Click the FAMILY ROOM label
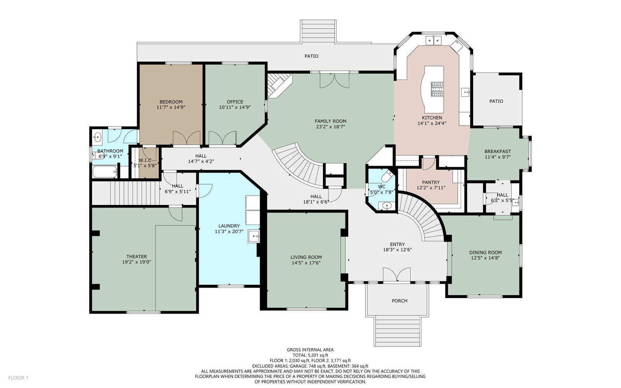point(330,121)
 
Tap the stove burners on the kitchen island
point(437,89)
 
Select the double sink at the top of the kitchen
point(433,40)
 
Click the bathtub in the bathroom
point(105,172)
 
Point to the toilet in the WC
point(388,175)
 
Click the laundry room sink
point(254,236)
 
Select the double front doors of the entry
point(397,274)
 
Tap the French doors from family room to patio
point(334,80)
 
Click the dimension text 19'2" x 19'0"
point(136,262)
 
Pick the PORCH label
point(399,301)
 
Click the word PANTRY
point(431,182)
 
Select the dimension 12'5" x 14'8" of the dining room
point(486,258)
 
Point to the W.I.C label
point(145,160)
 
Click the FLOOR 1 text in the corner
point(18,378)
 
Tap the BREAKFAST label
point(498,151)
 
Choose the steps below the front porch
point(397,331)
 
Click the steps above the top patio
point(318,31)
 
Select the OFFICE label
point(235,102)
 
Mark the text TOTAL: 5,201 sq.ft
point(310,355)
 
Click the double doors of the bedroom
point(187,138)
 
